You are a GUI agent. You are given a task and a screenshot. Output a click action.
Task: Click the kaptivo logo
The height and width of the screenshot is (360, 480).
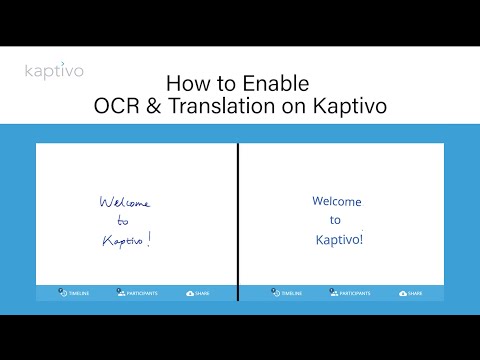click(x=54, y=71)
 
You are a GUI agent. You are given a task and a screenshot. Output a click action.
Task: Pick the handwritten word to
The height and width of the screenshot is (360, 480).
click(x=123, y=220)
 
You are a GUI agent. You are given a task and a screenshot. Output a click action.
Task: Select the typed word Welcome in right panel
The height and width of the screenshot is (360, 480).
click(x=337, y=201)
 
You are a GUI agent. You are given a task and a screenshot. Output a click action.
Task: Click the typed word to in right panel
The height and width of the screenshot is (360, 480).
click(x=336, y=220)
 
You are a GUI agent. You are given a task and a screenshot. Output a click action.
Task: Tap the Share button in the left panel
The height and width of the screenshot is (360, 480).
click(x=198, y=293)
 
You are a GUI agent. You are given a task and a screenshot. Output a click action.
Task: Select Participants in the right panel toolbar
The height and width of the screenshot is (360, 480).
click(x=349, y=293)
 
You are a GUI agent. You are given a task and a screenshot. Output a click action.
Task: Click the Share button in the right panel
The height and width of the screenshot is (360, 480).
click(x=410, y=293)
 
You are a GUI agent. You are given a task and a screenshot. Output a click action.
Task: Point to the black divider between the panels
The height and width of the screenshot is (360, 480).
click(x=238, y=221)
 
